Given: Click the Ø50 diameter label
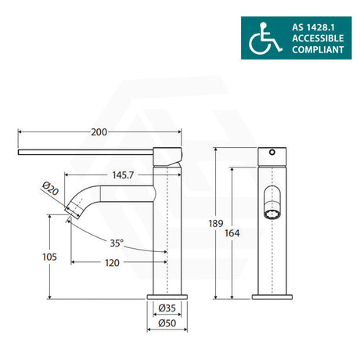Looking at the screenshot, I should (x=167, y=323).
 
